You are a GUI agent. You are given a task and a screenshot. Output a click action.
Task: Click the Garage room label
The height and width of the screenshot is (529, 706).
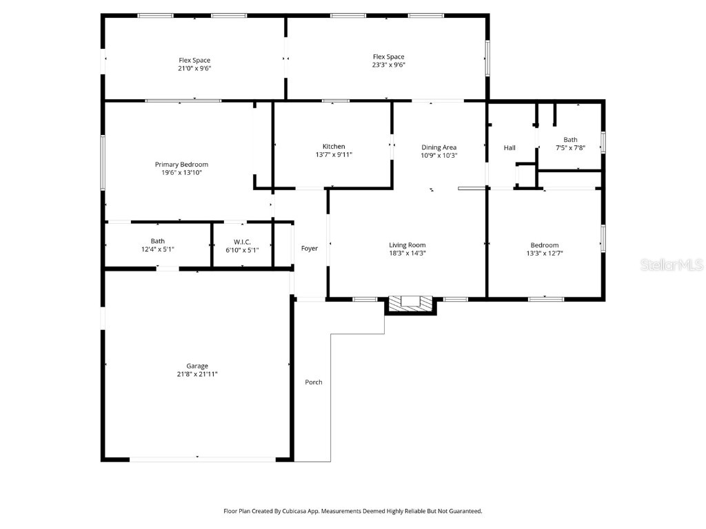(x=196, y=366)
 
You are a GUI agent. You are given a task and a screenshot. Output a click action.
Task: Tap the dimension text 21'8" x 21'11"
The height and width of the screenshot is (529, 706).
(x=196, y=374)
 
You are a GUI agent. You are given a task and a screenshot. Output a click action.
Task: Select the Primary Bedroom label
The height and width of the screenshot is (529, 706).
(x=181, y=165)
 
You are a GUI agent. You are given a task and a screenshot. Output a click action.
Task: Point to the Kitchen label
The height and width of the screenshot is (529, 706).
(x=334, y=146)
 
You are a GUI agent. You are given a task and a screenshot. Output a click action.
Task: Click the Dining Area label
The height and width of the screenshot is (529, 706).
(x=439, y=147)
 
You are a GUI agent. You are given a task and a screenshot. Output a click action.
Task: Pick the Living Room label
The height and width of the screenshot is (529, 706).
(x=407, y=245)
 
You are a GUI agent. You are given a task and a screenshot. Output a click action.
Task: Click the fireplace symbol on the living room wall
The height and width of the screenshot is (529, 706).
(x=411, y=302)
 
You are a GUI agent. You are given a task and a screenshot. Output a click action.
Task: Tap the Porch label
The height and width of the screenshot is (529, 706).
(x=314, y=382)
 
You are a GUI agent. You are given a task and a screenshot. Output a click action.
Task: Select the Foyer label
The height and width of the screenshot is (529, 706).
(x=310, y=248)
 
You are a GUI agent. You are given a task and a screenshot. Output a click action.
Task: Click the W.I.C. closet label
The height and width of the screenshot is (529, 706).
(x=241, y=241)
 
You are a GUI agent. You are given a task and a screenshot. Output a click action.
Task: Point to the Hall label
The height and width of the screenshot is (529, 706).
(x=510, y=147)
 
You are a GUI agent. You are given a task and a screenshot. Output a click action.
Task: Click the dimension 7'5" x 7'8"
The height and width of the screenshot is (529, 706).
(x=570, y=147)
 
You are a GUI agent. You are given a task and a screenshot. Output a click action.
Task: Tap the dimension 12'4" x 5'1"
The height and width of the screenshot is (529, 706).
(x=158, y=249)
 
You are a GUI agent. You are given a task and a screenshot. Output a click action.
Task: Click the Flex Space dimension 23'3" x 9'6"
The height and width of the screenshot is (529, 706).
(x=388, y=65)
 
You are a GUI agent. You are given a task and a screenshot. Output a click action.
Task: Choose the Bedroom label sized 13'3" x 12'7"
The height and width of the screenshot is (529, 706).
(x=544, y=245)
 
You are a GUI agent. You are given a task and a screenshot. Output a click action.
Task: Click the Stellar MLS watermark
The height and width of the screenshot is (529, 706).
(x=671, y=264)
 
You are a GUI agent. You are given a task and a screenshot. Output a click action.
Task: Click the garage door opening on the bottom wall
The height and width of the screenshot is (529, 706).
(x=197, y=458)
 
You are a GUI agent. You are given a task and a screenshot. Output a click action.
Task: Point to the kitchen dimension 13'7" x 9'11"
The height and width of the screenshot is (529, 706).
(x=334, y=154)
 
